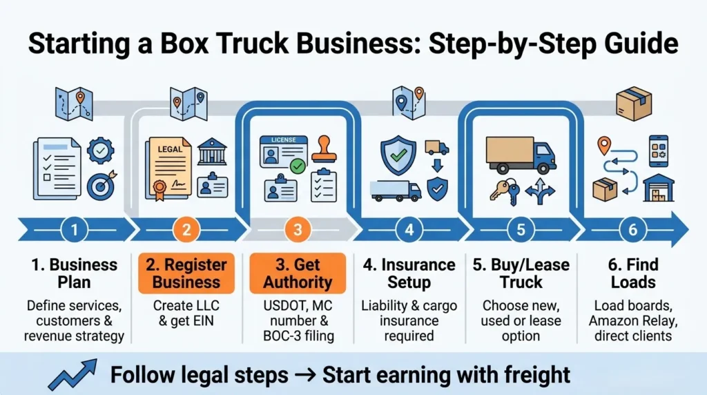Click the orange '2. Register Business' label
click(x=186, y=273)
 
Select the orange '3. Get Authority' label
click(x=298, y=273)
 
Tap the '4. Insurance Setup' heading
click(x=409, y=273)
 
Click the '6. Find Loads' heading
click(x=632, y=273)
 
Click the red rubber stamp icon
click(x=323, y=149)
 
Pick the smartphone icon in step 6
click(x=658, y=150)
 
